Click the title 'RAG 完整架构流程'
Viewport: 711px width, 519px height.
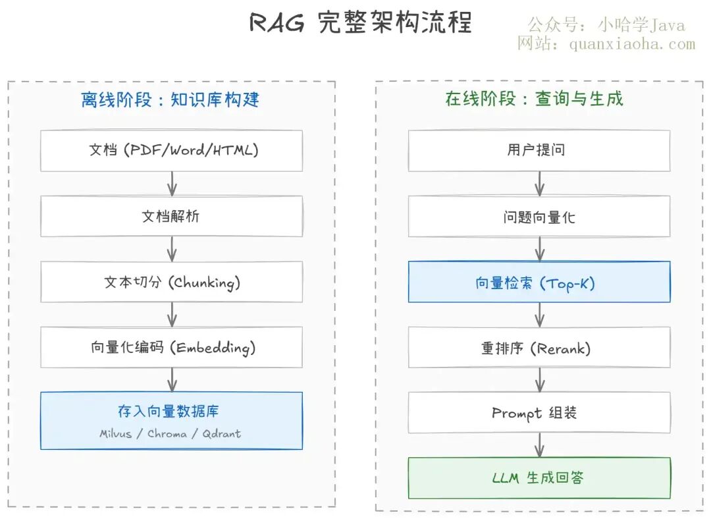pyautogui.click(x=361, y=22)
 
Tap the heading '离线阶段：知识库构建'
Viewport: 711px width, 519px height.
pyautogui.click(x=170, y=99)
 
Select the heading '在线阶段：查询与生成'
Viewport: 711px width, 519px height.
pyautogui.click(x=534, y=98)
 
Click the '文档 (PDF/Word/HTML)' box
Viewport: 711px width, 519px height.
pyautogui.click(x=171, y=151)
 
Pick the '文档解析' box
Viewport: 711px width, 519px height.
pyautogui.click(x=171, y=216)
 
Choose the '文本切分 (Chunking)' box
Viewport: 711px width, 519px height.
pyautogui.click(x=171, y=282)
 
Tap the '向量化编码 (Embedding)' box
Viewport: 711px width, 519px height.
pyautogui.click(x=171, y=347)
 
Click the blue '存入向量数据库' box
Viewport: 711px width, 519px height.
pyautogui.click(x=171, y=421)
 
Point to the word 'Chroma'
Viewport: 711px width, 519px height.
pyautogui.click(x=167, y=434)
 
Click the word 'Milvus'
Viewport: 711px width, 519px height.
pyautogui.click(x=116, y=434)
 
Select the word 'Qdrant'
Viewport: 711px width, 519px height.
pyautogui.click(x=222, y=434)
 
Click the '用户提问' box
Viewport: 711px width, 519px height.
pyautogui.click(x=539, y=151)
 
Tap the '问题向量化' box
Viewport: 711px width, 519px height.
pyautogui.click(x=539, y=216)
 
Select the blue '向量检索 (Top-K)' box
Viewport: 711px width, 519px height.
pyautogui.click(x=539, y=282)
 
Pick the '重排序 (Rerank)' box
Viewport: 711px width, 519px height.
pyautogui.click(x=539, y=347)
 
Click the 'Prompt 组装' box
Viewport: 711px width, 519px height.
pyautogui.click(x=539, y=412)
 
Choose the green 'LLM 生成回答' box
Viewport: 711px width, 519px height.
pyautogui.click(x=539, y=478)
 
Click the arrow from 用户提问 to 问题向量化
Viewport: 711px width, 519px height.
pyautogui.click(x=539, y=184)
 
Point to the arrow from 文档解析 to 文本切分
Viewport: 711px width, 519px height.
pyautogui.click(x=172, y=249)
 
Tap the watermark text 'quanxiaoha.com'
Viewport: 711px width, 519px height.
pyautogui.click(x=632, y=44)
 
